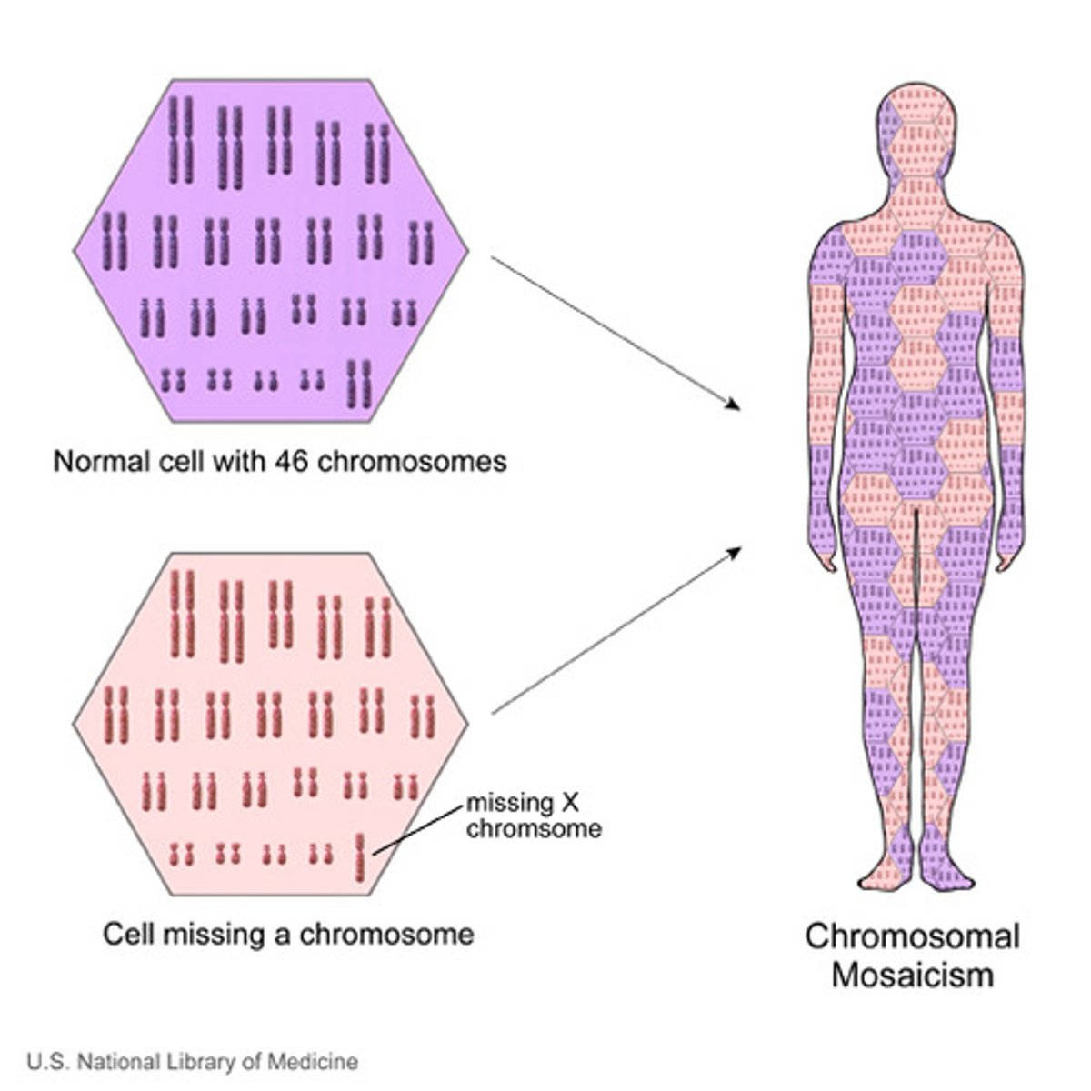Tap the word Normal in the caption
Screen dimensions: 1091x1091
(x=100, y=462)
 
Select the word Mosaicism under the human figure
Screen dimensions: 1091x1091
(x=912, y=976)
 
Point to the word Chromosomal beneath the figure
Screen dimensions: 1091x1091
(x=912, y=936)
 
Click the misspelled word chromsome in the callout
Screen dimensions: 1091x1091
(x=534, y=829)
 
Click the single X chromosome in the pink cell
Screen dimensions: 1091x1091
(x=360, y=857)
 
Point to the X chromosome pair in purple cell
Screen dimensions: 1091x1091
(x=360, y=384)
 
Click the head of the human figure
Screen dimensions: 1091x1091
(x=917, y=136)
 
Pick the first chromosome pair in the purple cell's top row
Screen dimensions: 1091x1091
(x=181, y=140)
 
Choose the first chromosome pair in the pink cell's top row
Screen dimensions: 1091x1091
(x=182, y=613)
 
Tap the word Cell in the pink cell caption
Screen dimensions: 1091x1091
(x=126, y=934)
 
